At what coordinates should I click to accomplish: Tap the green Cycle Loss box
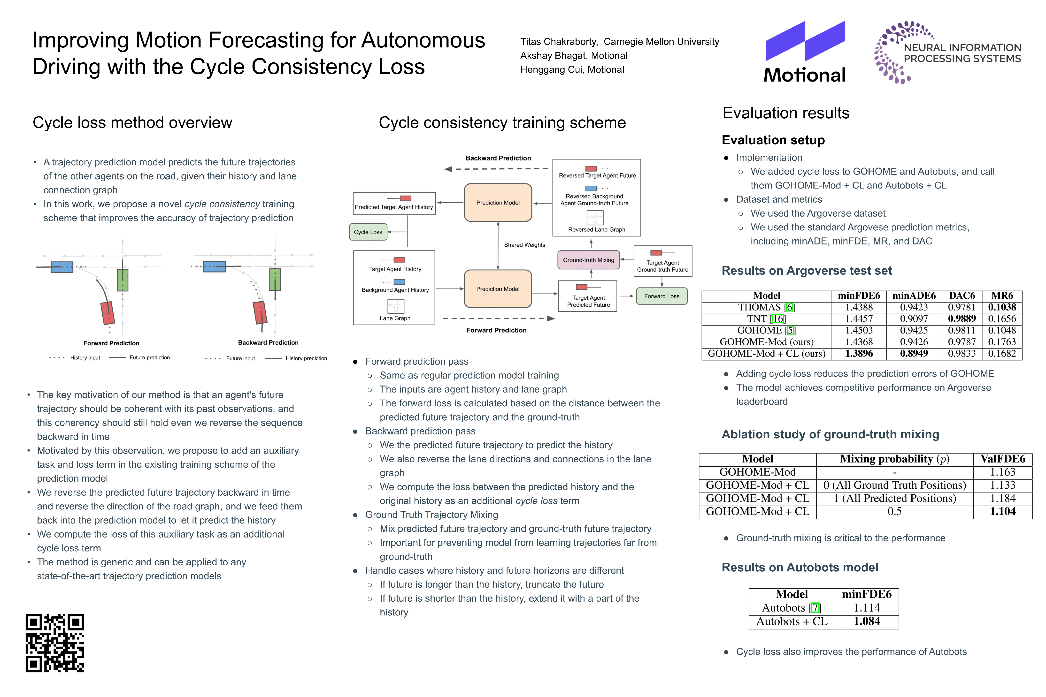[368, 232]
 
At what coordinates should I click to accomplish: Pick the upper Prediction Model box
[498, 203]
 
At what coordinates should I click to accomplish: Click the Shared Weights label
[524, 245]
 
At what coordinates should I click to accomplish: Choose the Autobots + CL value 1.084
[866, 621]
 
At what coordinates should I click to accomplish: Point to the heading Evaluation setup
[773, 140]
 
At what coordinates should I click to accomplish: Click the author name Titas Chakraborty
[559, 42]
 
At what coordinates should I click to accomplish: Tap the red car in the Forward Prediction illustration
[108, 313]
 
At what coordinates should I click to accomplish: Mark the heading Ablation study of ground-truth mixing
[830, 434]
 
